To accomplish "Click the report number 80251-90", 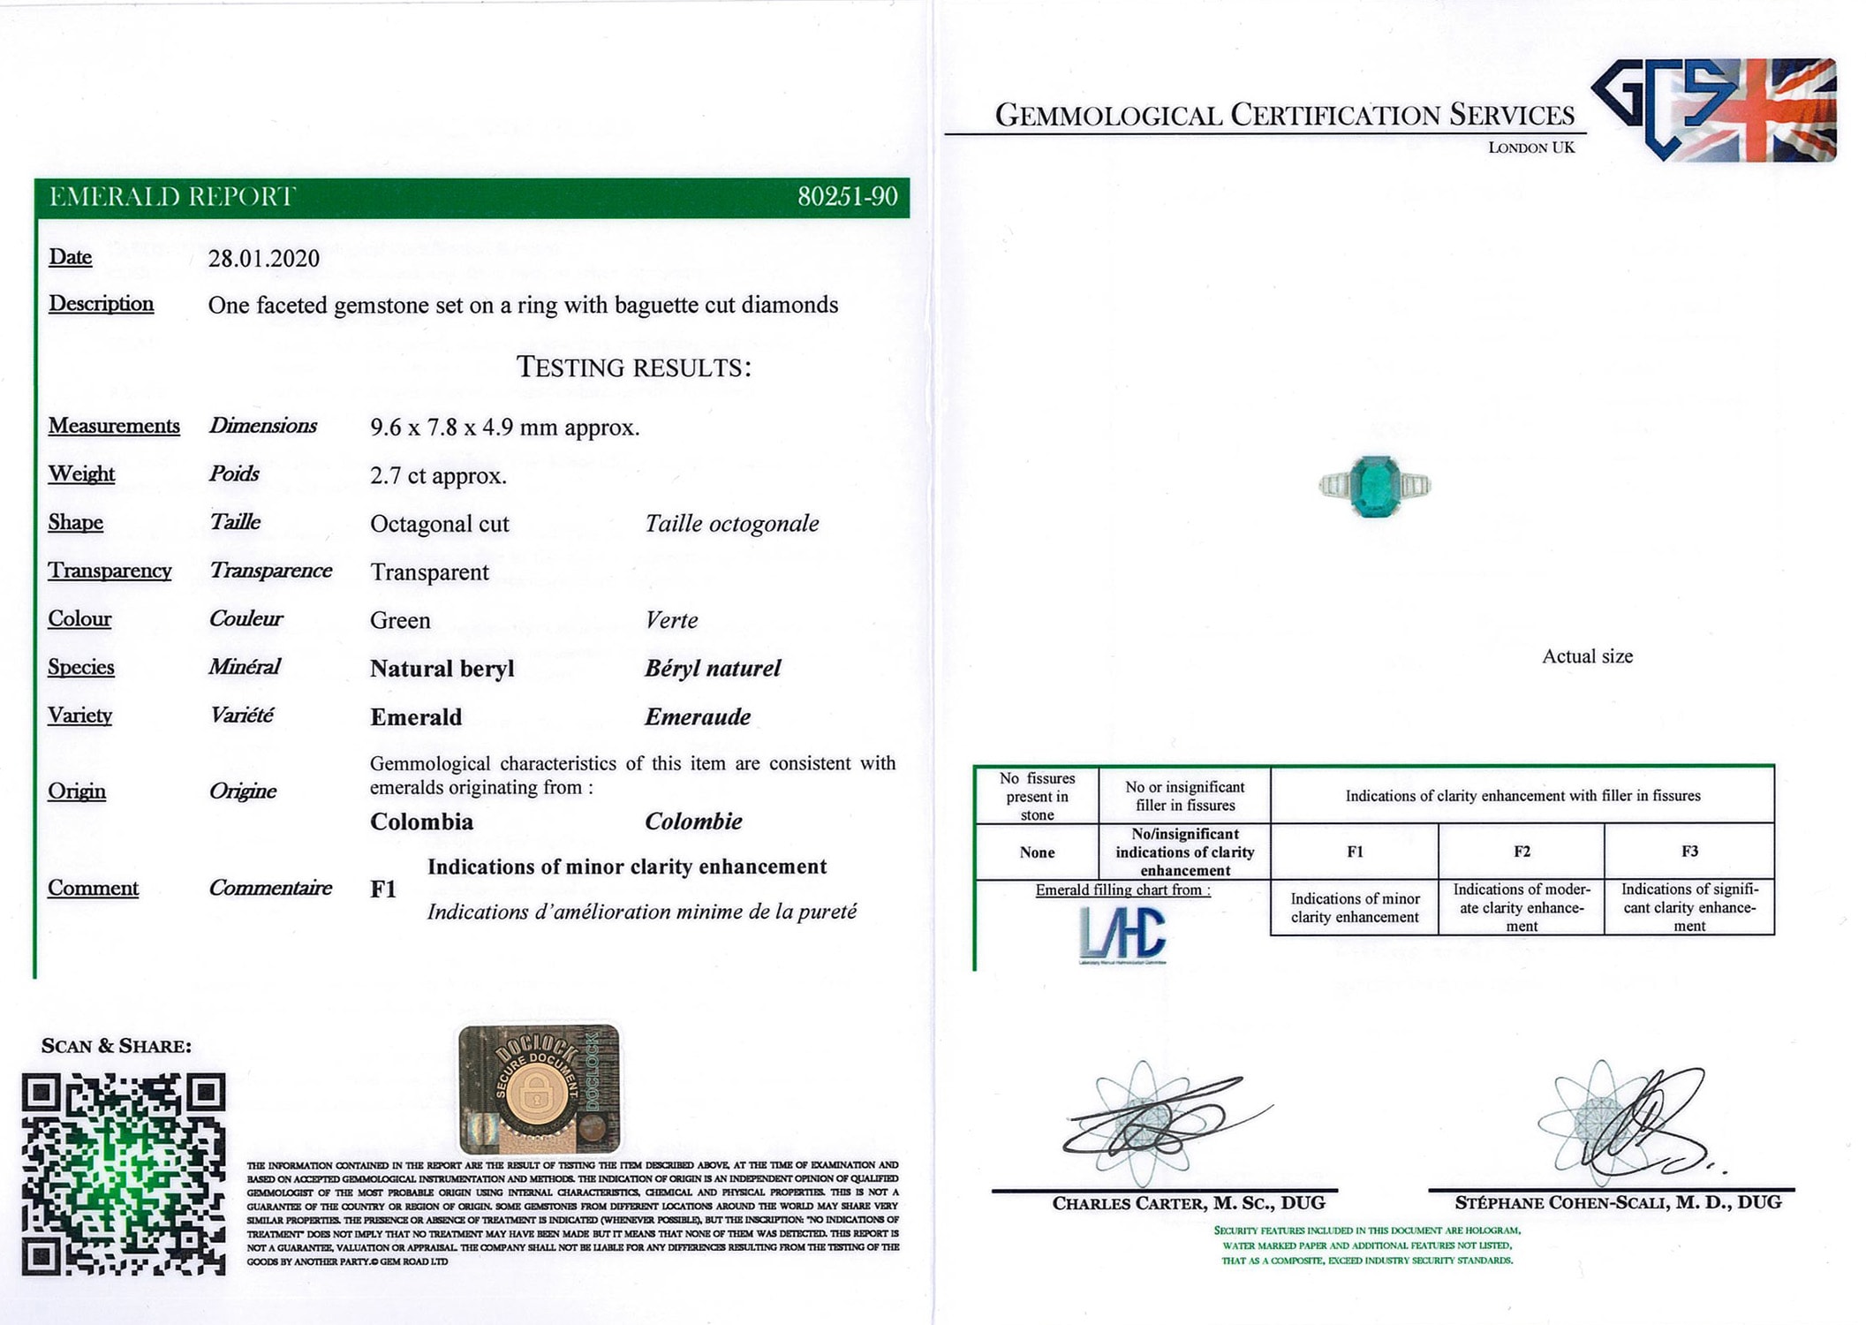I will click(x=847, y=196).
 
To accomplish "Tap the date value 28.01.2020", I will click(x=263, y=259).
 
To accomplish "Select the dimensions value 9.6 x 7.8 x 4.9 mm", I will click(x=504, y=428).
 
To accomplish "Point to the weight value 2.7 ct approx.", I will click(x=438, y=476).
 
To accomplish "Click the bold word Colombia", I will click(x=421, y=822).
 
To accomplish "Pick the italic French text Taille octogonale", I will click(x=731, y=524).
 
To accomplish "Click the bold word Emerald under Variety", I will click(x=416, y=717).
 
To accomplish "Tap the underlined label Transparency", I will click(x=110, y=571).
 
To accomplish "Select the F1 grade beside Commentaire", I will click(x=383, y=890).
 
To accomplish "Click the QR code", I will click(x=124, y=1174).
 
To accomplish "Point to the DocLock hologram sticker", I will click(x=539, y=1089).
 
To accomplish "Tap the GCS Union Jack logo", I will click(x=1714, y=110).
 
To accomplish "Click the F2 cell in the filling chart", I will click(x=1521, y=852).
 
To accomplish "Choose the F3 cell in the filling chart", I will click(x=1688, y=852).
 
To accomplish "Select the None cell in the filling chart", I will click(x=1037, y=852).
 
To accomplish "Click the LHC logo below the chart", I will click(x=1122, y=934).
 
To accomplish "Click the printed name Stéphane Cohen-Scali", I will click(x=1618, y=1203).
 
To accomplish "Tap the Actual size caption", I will click(x=1587, y=656).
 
